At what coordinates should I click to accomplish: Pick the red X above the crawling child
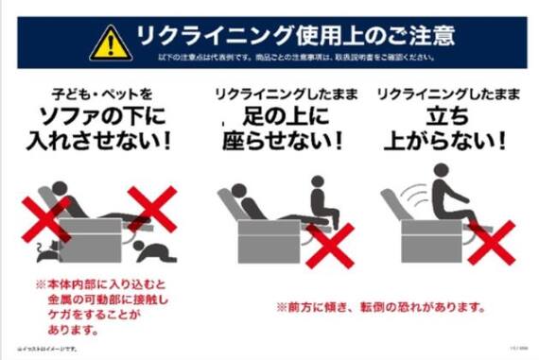150,209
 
